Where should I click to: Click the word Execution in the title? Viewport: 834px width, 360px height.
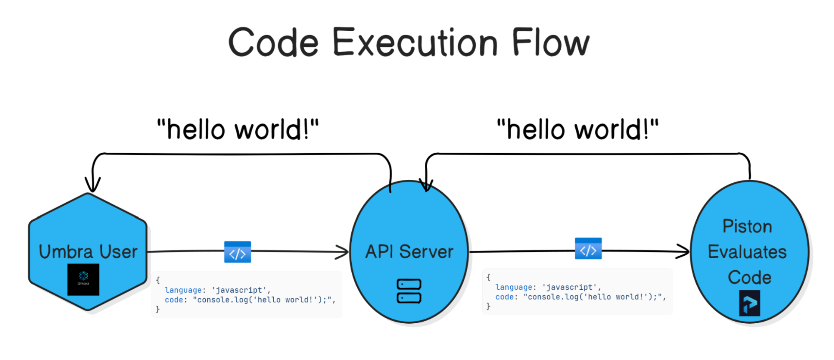point(415,43)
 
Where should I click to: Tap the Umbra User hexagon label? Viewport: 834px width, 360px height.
point(88,252)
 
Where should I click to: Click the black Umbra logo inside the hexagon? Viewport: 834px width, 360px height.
point(83,279)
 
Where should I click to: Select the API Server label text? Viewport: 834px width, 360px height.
point(409,252)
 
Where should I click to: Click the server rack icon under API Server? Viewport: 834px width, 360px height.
point(409,291)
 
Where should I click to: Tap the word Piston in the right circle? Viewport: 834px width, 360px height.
point(747,227)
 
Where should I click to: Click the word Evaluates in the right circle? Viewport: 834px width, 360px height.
point(747,252)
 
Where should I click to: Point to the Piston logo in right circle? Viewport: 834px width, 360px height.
point(749,303)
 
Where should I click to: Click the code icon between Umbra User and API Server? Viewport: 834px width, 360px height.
point(237,252)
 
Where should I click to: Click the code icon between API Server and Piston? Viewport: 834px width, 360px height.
point(588,249)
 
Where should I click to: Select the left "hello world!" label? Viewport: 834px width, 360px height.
point(238,130)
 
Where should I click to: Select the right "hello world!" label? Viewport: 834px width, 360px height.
point(578,130)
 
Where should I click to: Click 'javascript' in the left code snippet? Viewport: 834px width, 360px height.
point(239,290)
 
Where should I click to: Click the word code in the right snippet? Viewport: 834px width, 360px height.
point(504,297)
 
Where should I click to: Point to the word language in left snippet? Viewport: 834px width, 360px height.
point(183,290)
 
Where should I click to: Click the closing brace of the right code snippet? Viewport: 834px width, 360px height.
point(488,307)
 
